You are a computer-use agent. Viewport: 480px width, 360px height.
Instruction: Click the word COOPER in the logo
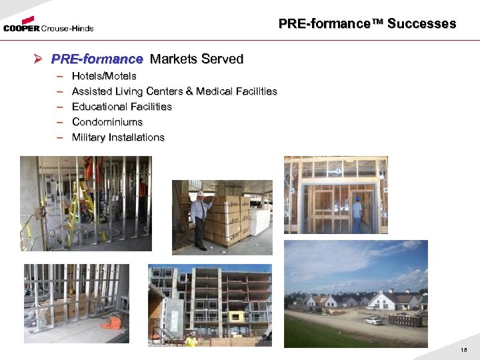tap(22, 28)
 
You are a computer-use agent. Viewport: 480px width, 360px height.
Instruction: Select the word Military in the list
tap(88, 137)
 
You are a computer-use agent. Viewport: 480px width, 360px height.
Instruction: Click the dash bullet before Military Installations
tap(59, 137)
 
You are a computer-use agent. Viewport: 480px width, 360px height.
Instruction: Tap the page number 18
tap(464, 349)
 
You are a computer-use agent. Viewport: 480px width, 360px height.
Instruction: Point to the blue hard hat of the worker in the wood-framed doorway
tap(357, 198)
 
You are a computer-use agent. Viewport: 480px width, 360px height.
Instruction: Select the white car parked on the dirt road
tap(374, 321)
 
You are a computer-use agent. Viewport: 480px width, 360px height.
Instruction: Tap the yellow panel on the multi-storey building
tap(237, 315)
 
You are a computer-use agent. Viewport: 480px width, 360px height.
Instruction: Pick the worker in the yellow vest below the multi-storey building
tap(191, 339)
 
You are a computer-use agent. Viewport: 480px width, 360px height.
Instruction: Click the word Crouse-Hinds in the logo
tap(67, 29)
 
